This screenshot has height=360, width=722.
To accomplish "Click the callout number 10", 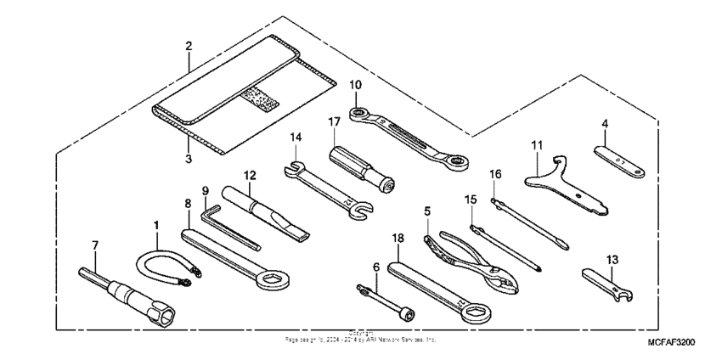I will click(355, 84).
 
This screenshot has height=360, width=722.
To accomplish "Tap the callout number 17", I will click(335, 122).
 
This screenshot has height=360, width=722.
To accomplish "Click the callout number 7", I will click(95, 245).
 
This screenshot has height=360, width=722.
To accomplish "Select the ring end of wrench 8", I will click(276, 277).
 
